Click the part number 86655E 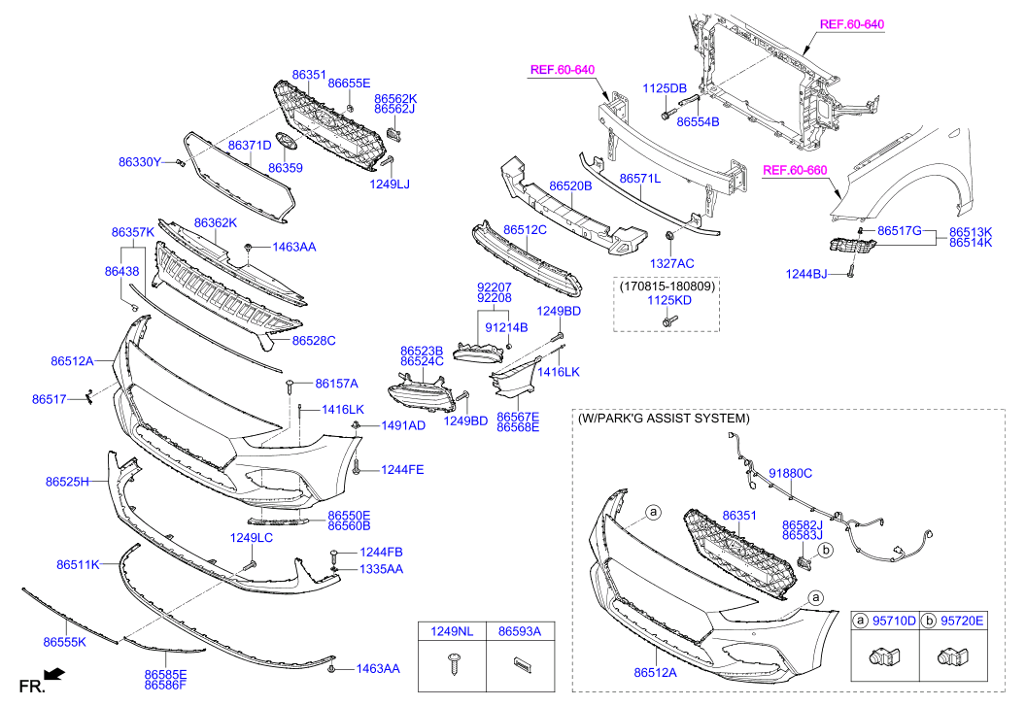click(x=349, y=84)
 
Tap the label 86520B click(x=570, y=185)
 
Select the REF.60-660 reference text click(x=795, y=170)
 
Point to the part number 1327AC click(x=672, y=263)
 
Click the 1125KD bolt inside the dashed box click(x=669, y=321)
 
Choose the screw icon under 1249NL click(x=453, y=664)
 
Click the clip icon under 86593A click(x=521, y=664)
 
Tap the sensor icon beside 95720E click(x=953, y=656)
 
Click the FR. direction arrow click(x=54, y=673)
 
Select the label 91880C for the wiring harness click(x=791, y=473)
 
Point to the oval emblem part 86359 click(x=286, y=142)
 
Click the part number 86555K click(x=65, y=642)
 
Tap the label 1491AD click(x=403, y=426)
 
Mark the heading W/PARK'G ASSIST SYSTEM click(x=664, y=419)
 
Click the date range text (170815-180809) click(x=667, y=286)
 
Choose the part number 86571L click(x=640, y=178)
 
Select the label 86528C click(x=314, y=340)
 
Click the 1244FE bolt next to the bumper click(x=356, y=467)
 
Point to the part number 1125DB click(x=665, y=88)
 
